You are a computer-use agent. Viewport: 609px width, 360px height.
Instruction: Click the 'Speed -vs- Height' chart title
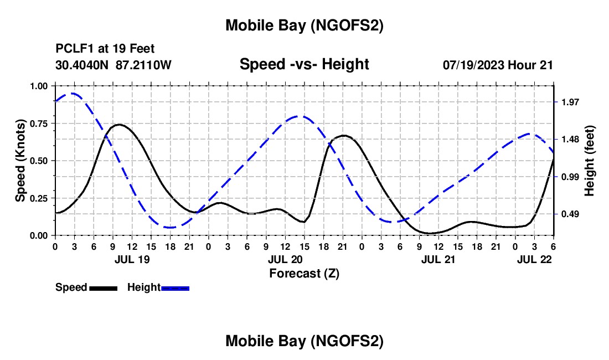point(304,64)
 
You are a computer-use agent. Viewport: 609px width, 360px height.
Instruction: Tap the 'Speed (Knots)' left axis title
point(20,160)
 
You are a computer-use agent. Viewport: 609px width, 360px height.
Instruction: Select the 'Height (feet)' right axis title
point(590,160)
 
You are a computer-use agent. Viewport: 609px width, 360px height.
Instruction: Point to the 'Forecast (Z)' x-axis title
point(304,273)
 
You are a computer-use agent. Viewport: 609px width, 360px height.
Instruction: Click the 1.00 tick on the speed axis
point(40,86)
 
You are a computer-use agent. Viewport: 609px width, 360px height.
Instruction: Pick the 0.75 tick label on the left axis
point(40,124)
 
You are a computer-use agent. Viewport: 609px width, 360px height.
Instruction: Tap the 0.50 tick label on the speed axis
point(40,161)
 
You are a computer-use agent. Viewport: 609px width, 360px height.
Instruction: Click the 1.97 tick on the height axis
point(569,102)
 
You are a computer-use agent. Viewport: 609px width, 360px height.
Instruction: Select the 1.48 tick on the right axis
point(569,139)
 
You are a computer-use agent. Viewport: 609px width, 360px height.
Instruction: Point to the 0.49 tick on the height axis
point(569,214)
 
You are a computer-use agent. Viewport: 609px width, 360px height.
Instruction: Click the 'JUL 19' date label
point(132,259)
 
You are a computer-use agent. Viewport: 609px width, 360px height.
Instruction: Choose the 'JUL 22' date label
point(534,259)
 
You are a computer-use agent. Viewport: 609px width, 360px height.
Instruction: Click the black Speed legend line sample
point(103,288)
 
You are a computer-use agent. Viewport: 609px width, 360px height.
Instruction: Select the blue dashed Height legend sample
point(176,288)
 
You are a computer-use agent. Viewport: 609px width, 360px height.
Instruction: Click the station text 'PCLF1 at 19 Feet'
point(105,49)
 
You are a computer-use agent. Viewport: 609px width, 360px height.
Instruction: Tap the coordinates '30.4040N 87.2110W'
point(113,65)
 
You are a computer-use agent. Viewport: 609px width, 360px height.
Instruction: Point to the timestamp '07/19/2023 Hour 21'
point(498,65)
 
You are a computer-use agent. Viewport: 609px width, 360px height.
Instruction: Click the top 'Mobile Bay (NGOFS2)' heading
point(304,25)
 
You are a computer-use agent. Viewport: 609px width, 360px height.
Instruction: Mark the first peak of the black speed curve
point(118,125)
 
